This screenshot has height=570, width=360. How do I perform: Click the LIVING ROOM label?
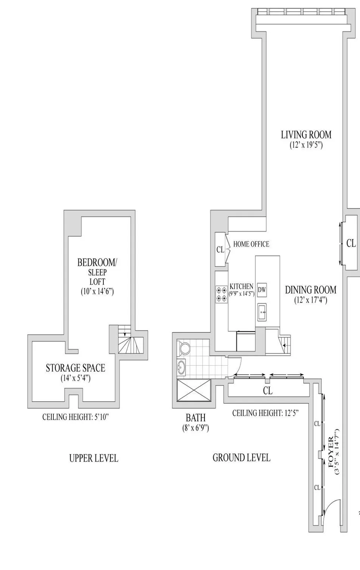[306, 135]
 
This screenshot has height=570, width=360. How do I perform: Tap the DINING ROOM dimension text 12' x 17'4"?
[310, 300]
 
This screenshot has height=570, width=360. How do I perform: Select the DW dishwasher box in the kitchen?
[262, 290]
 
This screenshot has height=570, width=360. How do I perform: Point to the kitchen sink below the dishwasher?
[262, 312]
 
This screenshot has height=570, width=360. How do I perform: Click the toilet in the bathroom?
[185, 348]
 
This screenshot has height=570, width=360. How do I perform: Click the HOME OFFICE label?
[251, 244]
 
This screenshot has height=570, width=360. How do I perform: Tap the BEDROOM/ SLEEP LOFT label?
[97, 272]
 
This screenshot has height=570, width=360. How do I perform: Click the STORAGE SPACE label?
[75, 368]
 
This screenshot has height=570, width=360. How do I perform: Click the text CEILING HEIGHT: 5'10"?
[76, 417]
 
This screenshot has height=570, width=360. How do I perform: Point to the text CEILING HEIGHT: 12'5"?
[266, 413]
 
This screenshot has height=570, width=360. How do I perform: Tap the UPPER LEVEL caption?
[94, 458]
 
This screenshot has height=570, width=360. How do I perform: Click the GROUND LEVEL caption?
[242, 458]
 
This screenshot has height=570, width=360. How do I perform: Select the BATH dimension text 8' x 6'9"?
[195, 428]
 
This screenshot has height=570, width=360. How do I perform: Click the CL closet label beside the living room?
[351, 243]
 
